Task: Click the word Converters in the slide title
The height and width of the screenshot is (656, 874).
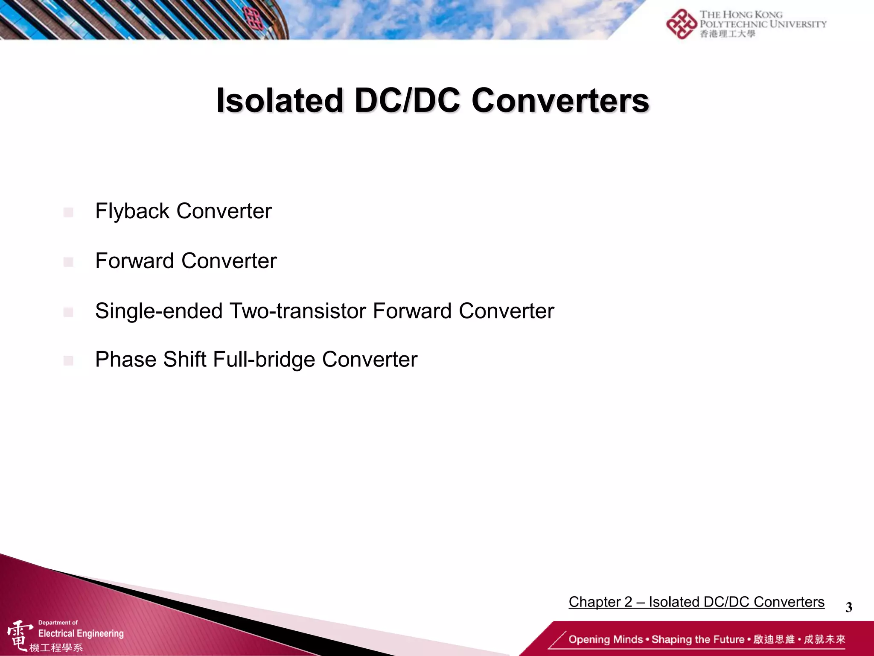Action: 560,101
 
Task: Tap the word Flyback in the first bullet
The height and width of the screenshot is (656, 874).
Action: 132,211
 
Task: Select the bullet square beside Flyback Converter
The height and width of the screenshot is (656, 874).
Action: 68,212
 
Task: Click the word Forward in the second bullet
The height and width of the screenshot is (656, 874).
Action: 134,261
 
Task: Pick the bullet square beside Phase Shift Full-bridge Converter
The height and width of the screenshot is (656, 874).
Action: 68,361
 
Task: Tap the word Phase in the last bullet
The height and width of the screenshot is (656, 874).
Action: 126,360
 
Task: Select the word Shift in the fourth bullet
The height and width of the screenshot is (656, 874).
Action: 185,360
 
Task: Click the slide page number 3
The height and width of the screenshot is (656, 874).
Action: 848,607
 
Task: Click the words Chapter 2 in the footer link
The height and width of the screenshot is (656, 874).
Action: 600,602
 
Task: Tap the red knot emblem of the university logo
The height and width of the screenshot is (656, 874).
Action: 681,24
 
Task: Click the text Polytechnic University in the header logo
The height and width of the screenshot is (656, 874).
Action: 763,24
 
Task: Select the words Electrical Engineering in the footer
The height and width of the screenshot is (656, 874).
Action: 81,633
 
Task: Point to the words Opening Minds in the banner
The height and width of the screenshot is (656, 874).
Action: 605,639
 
